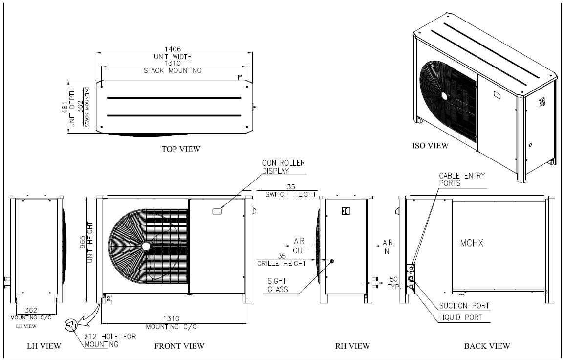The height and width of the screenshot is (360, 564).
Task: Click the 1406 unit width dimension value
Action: tap(173, 49)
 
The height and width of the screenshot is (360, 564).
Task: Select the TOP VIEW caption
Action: tap(181, 149)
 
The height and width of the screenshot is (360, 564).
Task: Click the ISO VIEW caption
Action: tap(430, 145)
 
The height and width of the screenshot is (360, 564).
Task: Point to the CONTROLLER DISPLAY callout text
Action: tap(283, 167)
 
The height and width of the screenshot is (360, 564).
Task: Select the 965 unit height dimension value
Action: tap(83, 246)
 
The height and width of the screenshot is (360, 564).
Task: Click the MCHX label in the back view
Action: tap(472, 243)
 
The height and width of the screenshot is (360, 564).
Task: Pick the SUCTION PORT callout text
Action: tap(464, 306)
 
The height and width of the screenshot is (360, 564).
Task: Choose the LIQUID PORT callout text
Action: tap(460, 317)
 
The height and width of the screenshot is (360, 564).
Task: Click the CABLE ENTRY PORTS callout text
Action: tap(462, 180)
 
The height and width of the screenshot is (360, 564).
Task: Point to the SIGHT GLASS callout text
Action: tap(278, 285)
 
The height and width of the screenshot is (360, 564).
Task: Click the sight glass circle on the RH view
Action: tap(331, 261)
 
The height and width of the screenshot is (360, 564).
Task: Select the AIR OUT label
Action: tap(299, 246)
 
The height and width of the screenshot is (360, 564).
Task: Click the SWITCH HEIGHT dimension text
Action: tap(291, 194)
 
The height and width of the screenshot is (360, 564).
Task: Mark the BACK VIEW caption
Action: tap(487, 346)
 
